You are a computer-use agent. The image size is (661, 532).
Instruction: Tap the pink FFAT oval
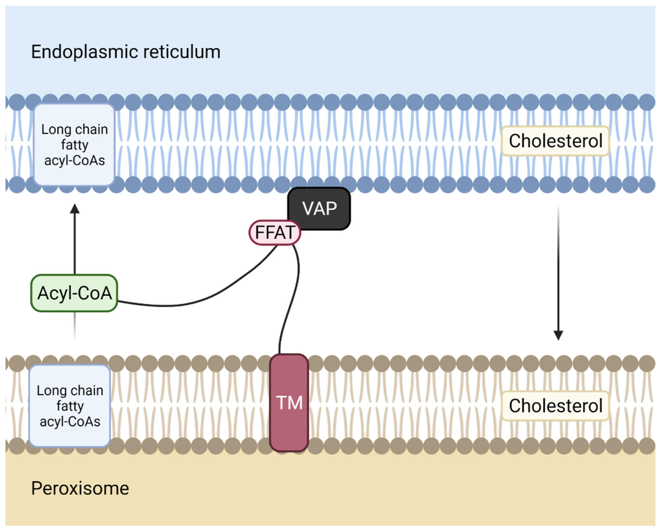275,232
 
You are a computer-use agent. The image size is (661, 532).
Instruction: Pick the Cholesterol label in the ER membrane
555,141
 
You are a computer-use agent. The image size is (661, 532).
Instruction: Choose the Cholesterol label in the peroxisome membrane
555,406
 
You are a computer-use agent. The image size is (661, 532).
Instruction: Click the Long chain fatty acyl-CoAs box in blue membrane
74,145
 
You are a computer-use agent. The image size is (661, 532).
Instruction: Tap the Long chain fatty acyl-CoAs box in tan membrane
70,406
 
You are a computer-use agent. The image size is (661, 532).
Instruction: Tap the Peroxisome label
80,488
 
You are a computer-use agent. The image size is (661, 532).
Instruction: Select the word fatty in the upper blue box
75,145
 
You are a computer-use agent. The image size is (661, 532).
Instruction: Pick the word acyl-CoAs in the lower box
70,421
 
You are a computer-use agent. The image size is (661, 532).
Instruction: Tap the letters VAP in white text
320,208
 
